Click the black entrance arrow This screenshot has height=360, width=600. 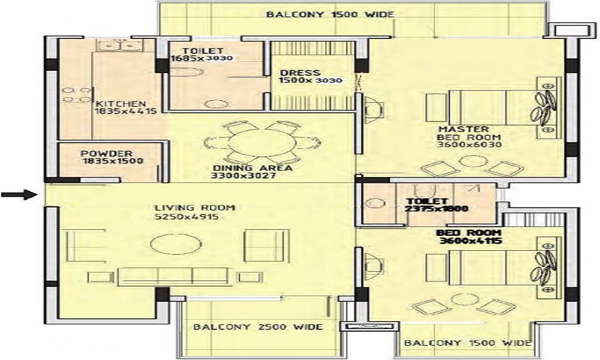pos(19,195)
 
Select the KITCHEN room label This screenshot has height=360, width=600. pos(121,104)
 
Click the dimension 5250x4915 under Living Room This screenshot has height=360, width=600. pos(186,217)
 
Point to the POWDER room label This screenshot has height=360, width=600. pos(106,154)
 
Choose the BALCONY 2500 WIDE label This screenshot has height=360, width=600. pos(258,327)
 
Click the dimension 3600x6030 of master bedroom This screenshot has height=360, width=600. pos(469,145)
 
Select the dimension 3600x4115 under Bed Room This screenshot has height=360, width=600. pos(470,241)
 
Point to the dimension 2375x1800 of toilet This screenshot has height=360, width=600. pos(437,209)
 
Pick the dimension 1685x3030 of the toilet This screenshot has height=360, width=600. pos(202,58)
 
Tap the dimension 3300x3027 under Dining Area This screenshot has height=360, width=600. pos(244,176)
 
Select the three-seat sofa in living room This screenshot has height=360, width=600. pos(173,277)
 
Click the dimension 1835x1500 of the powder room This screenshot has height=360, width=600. pos(113,161)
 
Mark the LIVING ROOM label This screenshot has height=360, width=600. pos(195,208)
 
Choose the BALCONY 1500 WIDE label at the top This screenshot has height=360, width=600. pos(330,14)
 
